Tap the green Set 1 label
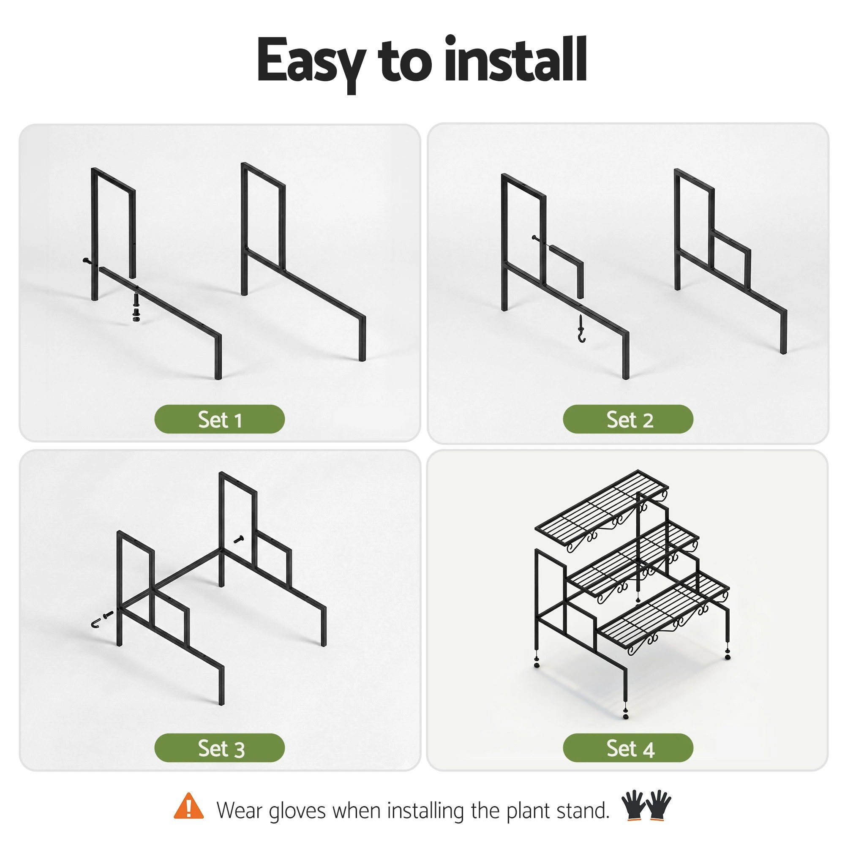point(220,419)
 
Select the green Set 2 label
point(628,419)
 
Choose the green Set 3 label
point(220,748)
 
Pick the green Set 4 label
point(628,748)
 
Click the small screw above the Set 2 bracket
point(539,239)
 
